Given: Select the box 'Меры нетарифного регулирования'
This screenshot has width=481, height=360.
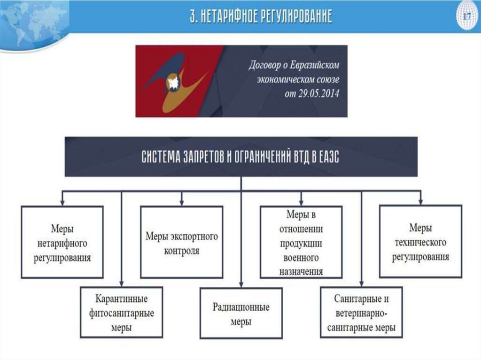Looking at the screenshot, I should click(62, 242).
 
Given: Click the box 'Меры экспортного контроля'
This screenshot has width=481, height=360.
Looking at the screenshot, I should click(181, 242).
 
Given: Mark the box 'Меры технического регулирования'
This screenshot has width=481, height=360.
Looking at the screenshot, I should click(420, 242).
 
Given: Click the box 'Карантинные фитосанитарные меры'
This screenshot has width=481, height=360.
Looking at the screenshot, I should click(122, 313).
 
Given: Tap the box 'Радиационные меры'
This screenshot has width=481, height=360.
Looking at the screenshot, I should click(241, 314).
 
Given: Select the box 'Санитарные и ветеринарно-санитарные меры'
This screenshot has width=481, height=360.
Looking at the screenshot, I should click(361, 313).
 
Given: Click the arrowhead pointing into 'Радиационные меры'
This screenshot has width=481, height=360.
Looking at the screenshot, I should click(241, 285).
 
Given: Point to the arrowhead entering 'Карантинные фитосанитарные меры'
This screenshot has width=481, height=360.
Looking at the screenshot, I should click(122, 285).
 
